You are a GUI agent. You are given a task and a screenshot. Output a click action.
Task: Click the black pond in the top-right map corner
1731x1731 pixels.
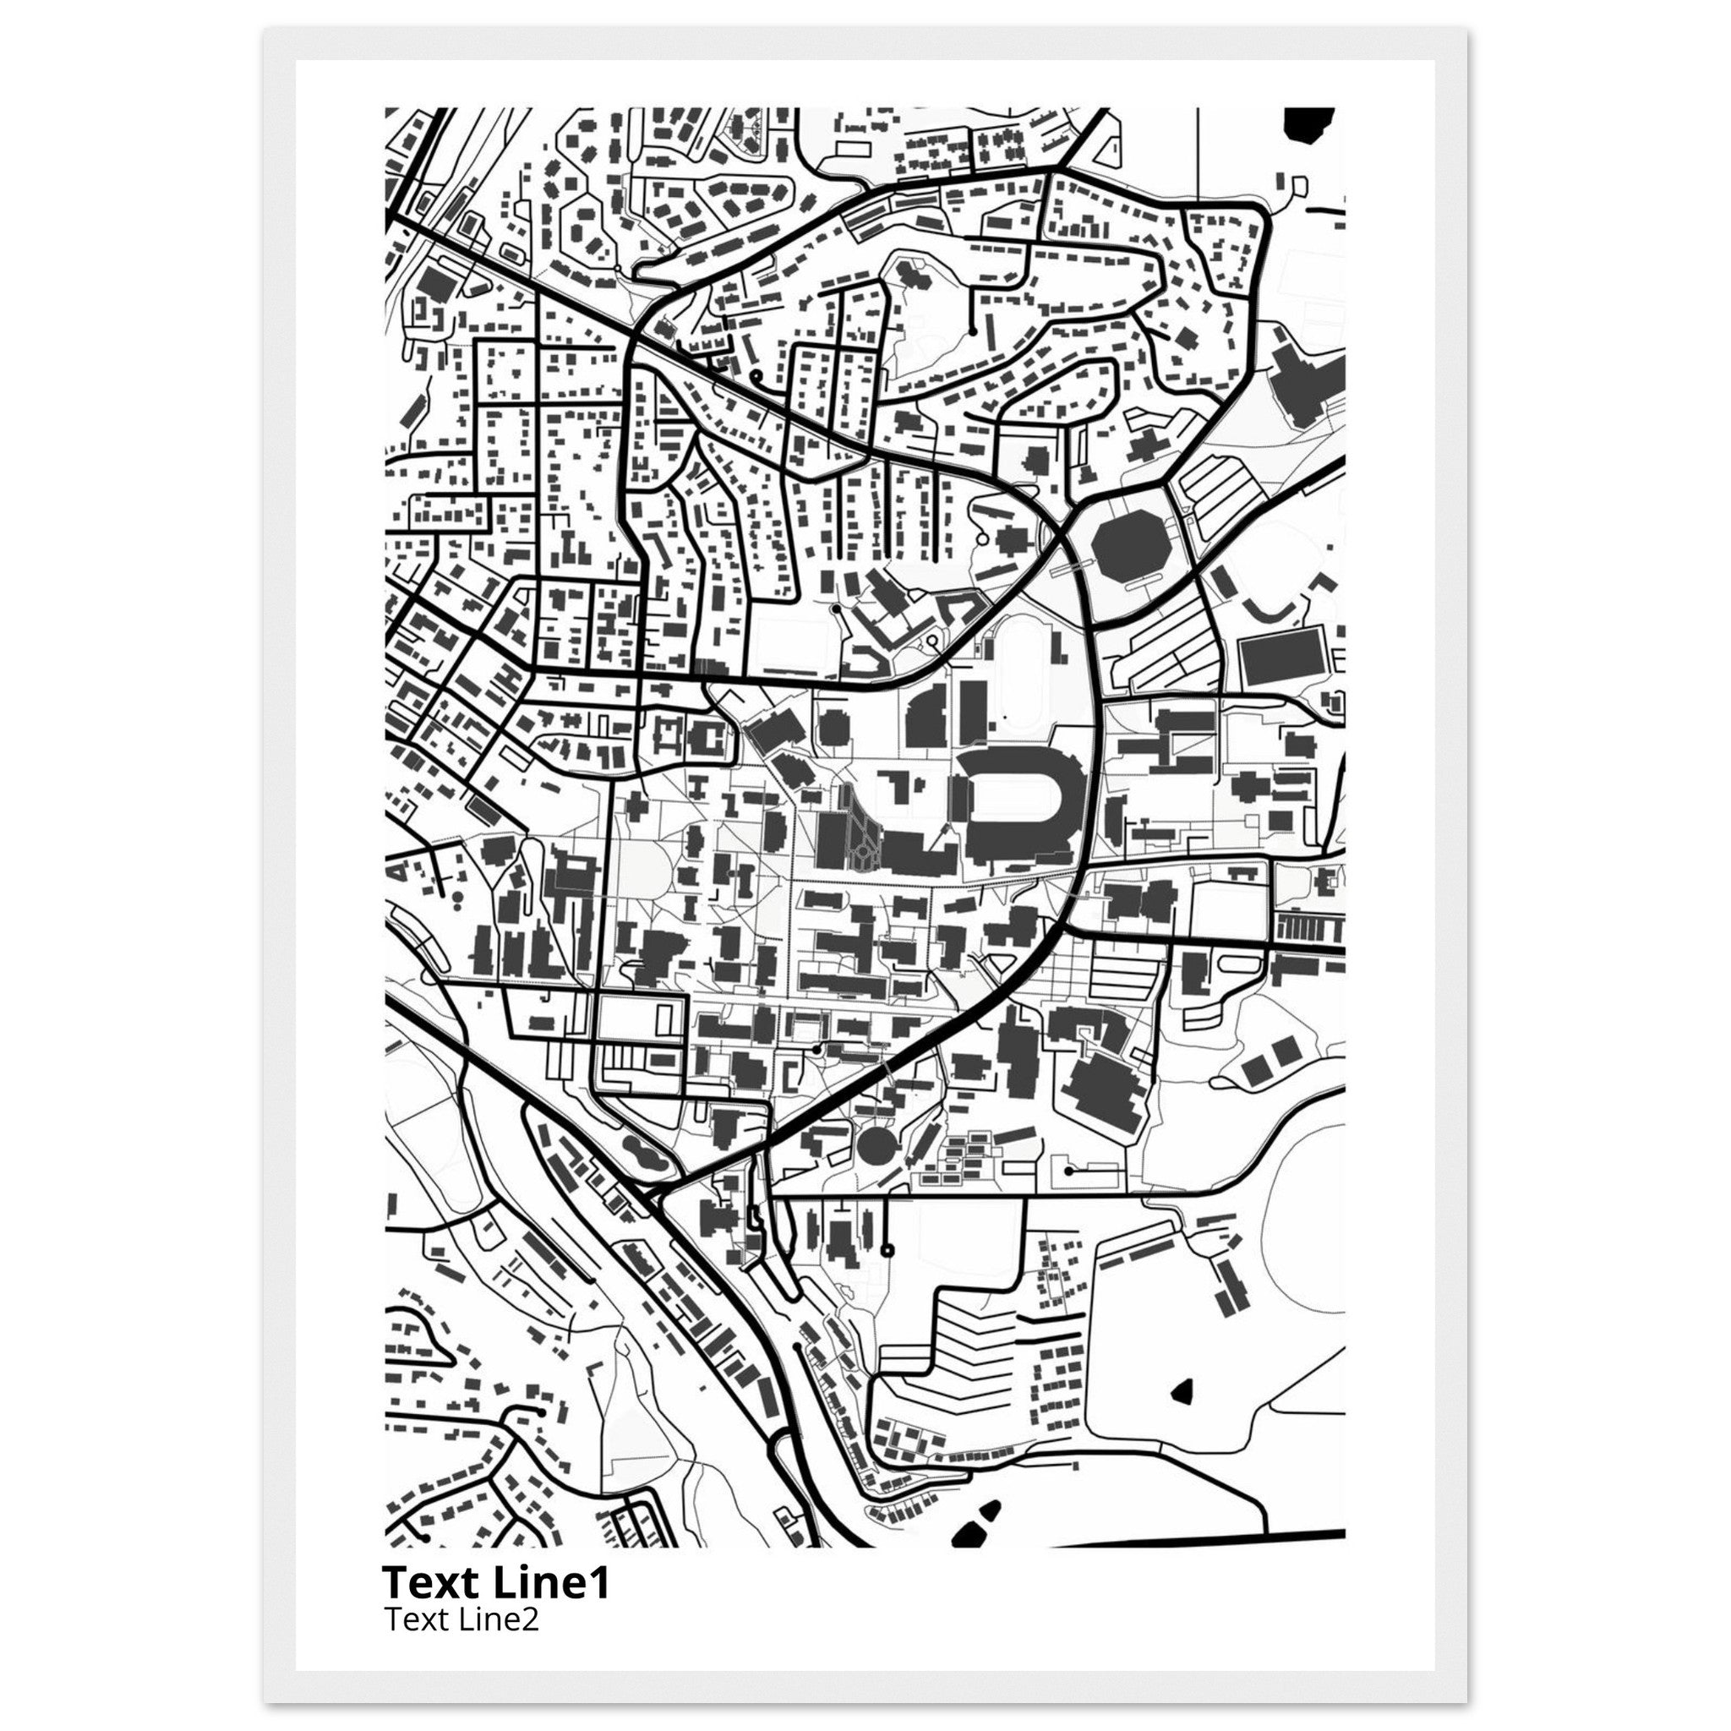[x=1309, y=123]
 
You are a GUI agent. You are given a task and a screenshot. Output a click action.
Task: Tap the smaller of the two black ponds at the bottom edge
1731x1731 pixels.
[x=990, y=1510]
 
